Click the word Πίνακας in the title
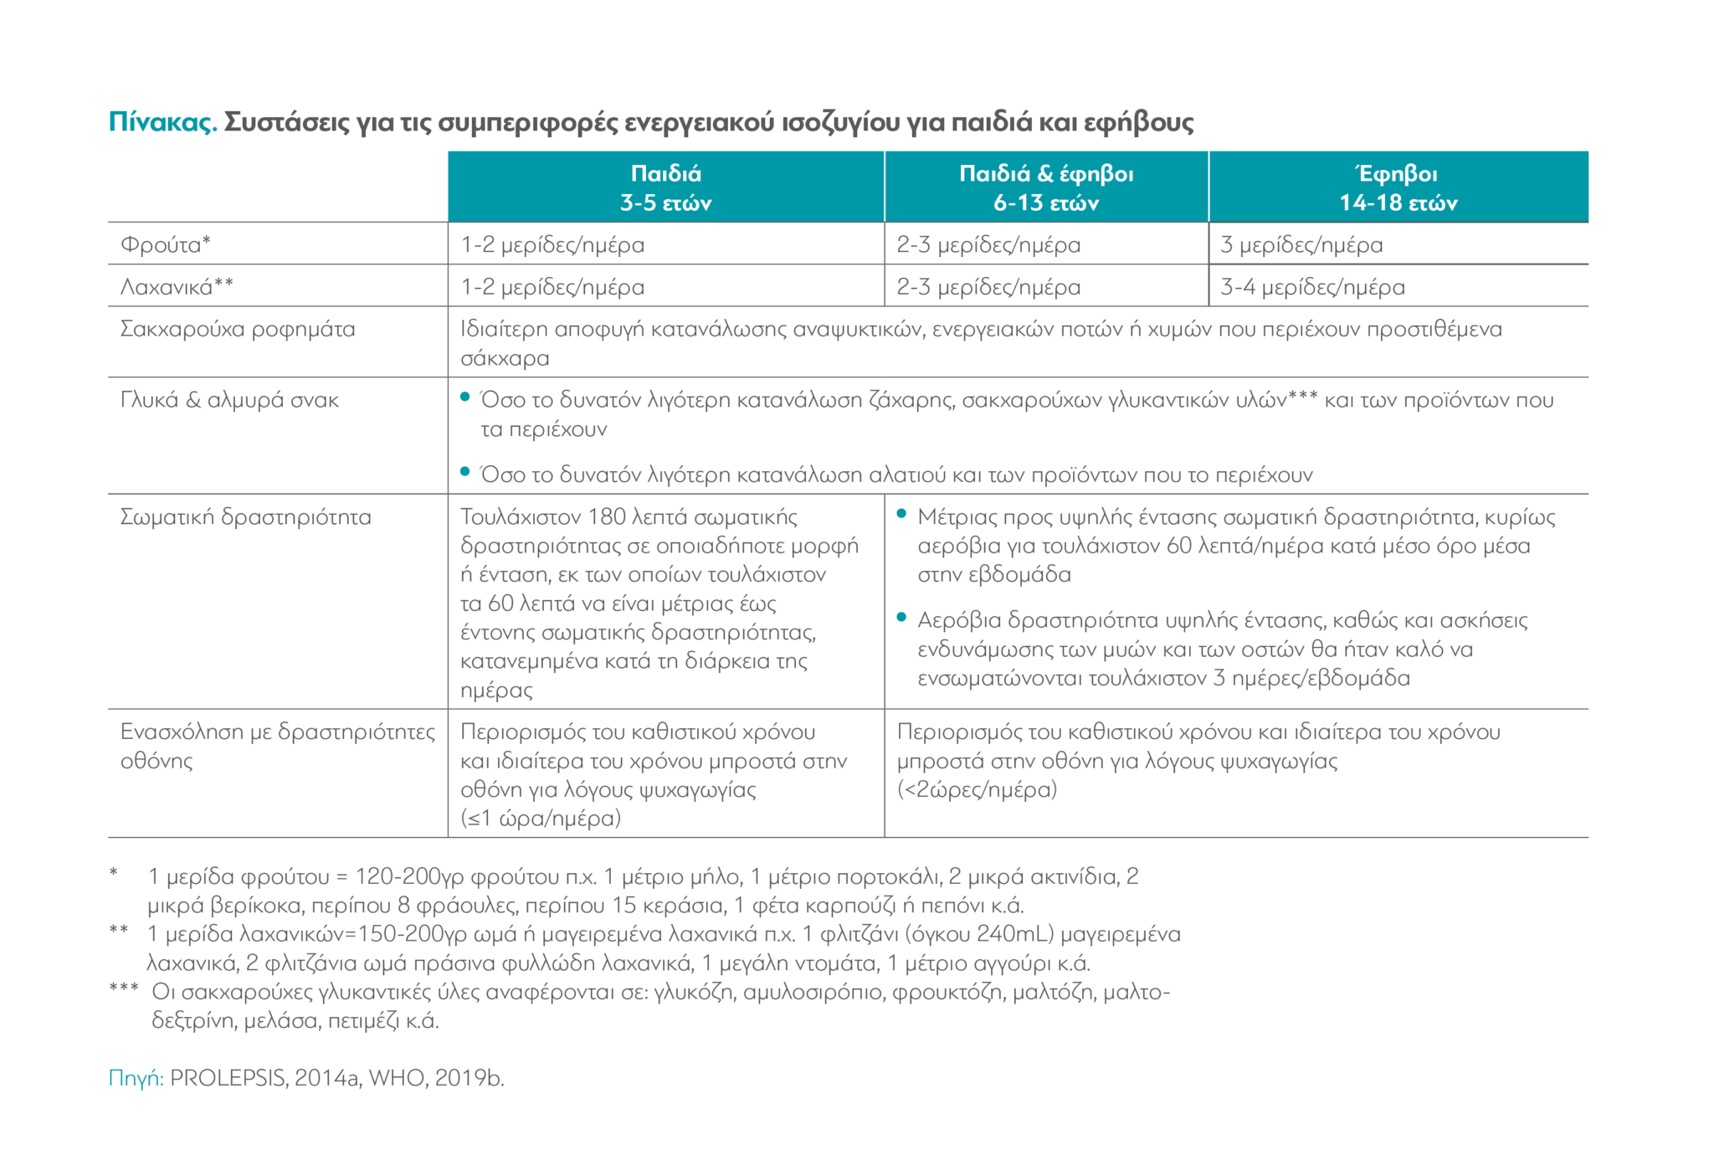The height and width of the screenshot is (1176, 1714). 162,122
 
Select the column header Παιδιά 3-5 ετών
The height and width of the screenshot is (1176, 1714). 665,187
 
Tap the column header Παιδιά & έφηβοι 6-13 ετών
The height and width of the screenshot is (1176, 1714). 1045,187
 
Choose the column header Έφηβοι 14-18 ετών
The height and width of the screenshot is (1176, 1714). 1398,187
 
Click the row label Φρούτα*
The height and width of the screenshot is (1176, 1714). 166,244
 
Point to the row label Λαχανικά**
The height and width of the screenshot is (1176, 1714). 177,287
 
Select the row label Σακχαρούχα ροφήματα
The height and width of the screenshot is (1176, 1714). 238,329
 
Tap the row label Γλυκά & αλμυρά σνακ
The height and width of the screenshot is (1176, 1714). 229,400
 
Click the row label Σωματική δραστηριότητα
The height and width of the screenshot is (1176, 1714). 245,517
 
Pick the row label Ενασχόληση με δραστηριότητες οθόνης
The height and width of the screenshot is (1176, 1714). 277,746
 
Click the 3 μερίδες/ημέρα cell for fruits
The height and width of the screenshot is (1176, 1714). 1301,245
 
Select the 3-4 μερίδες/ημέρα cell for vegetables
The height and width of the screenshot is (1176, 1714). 1311,287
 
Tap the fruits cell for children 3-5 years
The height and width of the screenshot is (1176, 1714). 552,245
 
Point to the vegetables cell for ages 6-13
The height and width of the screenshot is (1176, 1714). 988,287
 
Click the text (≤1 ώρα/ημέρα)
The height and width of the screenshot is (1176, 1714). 541,819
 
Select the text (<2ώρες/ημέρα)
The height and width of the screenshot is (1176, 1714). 977,789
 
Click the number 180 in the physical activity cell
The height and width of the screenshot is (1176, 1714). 607,516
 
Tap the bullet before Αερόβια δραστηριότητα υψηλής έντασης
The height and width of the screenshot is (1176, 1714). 901,618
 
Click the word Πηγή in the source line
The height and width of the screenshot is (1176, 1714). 136,1078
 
